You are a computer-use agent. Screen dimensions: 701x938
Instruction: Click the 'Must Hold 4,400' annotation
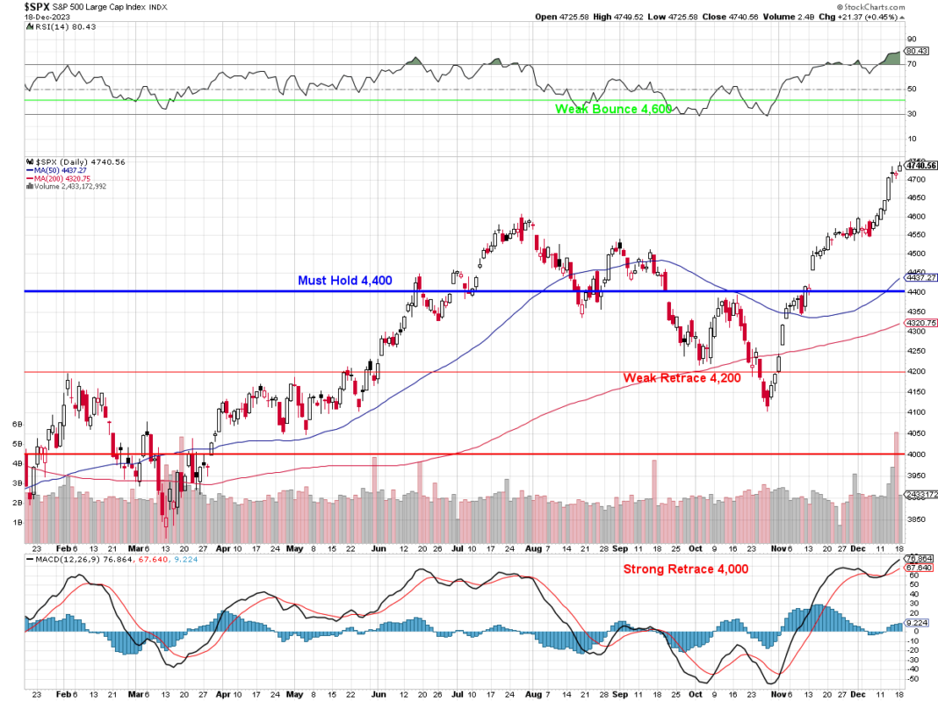coord(345,281)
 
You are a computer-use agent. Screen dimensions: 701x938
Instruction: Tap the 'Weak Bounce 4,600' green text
coord(613,109)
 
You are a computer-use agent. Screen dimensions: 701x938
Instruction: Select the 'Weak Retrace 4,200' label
coord(682,378)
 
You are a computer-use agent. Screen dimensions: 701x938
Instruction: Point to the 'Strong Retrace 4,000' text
coord(686,569)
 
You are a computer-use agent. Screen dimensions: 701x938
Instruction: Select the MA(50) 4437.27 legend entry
coord(63,171)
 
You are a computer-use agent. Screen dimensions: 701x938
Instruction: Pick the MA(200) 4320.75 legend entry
coord(65,179)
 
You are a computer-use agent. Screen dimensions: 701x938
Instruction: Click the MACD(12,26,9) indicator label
coord(77,558)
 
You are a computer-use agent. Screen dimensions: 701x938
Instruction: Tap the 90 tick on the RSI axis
coord(912,39)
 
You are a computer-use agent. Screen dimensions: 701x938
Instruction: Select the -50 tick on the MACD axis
coord(913,679)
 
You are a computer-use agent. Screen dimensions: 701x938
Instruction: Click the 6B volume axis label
coord(17,424)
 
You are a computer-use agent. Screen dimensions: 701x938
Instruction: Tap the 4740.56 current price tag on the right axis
coord(921,165)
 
